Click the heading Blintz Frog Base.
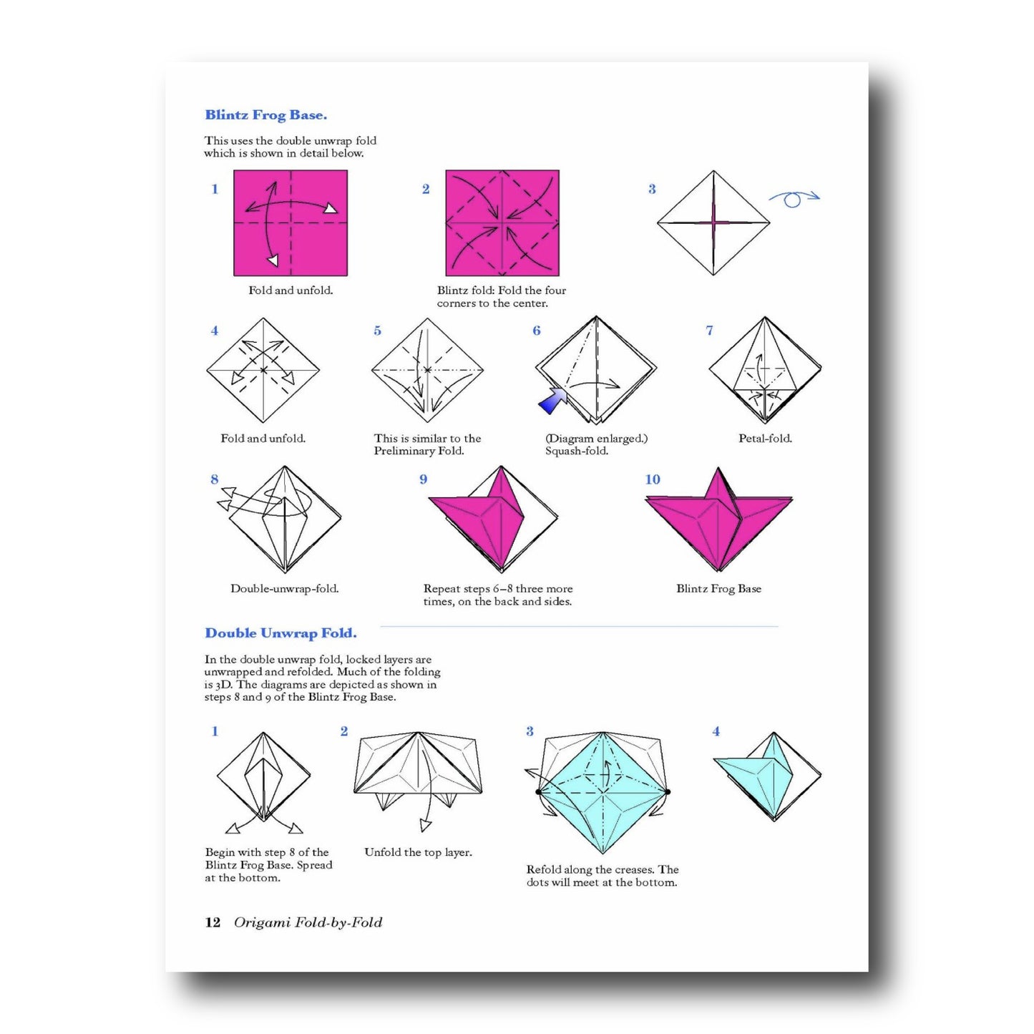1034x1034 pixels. [265, 114]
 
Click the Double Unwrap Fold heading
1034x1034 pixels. [281, 634]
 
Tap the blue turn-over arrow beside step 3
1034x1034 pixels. [794, 198]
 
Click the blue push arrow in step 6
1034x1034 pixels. [552, 401]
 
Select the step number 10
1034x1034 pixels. [653, 479]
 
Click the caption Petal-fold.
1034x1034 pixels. [765, 439]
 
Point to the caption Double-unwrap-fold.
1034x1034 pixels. [284, 589]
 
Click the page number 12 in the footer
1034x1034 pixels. [213, 922]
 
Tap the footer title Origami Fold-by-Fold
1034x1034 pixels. [308, 923]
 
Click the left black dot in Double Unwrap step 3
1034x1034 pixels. [538, 791]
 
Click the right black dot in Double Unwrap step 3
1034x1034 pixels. [668, 791]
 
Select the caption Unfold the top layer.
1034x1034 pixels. [418, 852]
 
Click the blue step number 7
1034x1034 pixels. [709, 331]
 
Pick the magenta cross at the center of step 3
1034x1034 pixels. [713, 222]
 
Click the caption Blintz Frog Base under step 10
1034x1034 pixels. [718, 589]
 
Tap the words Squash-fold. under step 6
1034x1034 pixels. [576, 452]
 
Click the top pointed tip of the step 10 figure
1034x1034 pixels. [718, 468]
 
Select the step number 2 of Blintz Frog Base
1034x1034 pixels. [426, 189]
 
